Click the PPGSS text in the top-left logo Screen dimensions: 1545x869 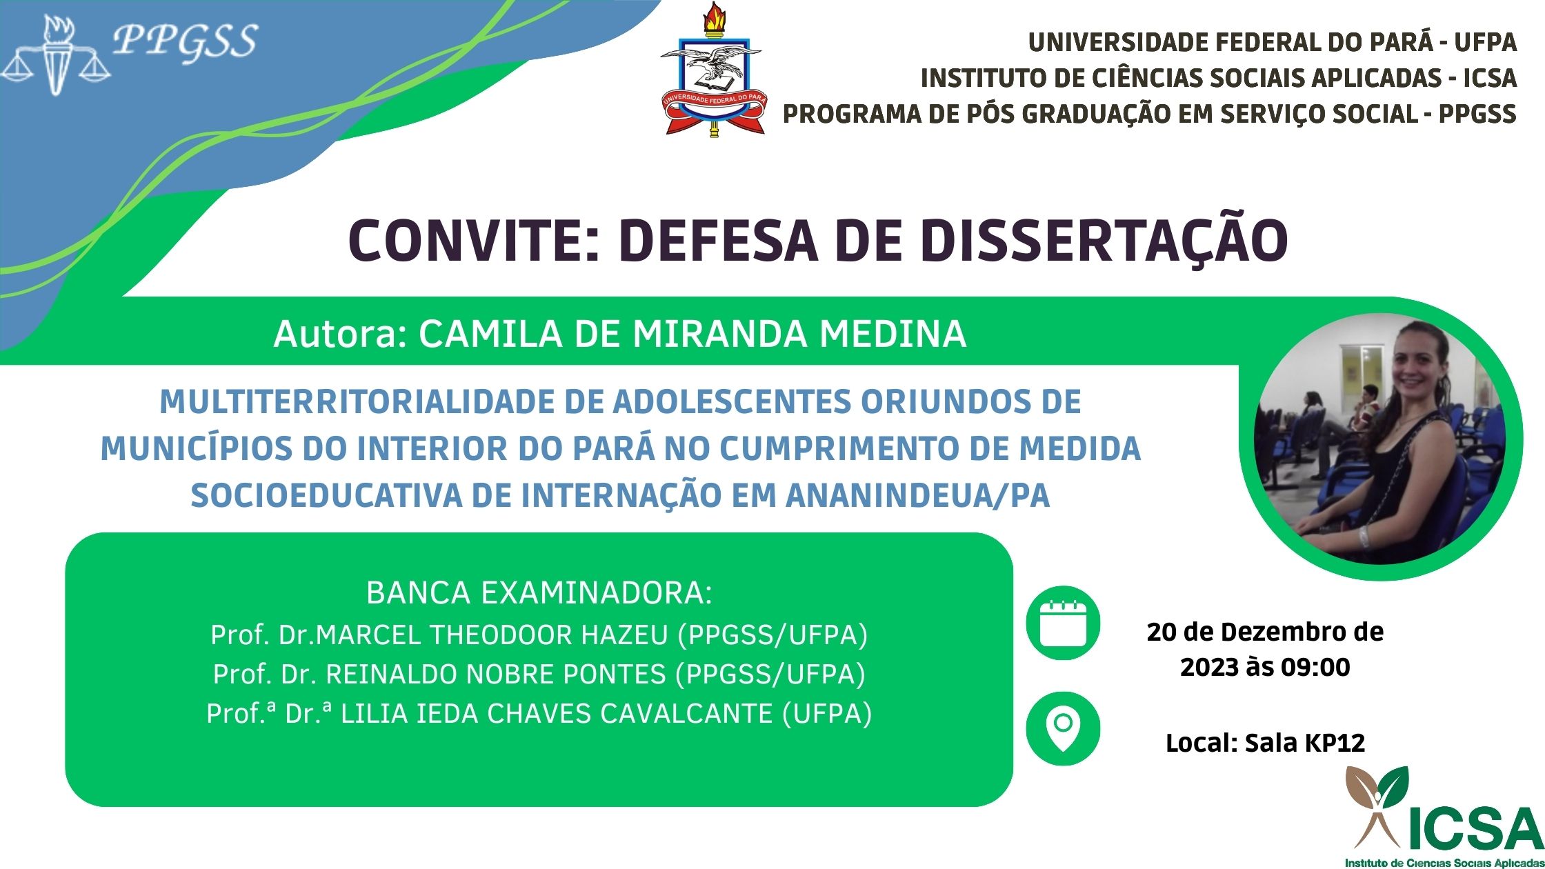185,41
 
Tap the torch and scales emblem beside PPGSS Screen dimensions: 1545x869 57,55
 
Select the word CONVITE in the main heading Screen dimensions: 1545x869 467,241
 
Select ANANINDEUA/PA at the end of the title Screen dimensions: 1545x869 918,495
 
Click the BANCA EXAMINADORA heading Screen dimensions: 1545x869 539,593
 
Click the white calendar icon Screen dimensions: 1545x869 1063,623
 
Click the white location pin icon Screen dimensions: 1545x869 1063,730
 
